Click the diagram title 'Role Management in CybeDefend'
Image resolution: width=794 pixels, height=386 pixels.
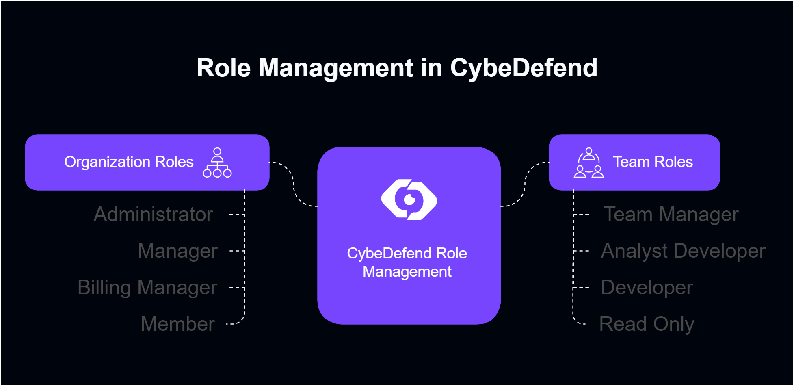(397, 68)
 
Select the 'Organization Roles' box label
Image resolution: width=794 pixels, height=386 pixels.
(129, 162)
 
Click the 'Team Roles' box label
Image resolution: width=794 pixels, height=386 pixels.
(652, 162)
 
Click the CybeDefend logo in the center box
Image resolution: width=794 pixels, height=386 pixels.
(409, 200)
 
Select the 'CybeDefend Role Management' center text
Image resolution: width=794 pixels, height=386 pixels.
(407, 262)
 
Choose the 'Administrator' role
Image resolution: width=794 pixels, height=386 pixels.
(154, 215)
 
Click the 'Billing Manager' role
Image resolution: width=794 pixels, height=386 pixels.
(147, 288)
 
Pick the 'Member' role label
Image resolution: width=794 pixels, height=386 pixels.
(177, 324)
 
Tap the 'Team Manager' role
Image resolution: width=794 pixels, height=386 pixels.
(671, 215)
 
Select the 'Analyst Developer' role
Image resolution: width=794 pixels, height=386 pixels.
(683, 251)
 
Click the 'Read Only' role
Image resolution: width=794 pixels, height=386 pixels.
(647, 324)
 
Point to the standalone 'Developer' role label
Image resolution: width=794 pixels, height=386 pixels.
(647, 288)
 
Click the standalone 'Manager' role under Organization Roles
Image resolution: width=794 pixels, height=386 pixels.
(177, 251)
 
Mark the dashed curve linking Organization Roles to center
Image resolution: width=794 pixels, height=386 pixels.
(293, 185)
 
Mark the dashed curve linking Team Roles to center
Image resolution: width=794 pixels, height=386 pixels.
(525, 185)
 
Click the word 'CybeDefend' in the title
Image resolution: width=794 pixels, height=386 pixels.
(524, 68)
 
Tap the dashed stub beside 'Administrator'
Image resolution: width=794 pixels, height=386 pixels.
(237, 215)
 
